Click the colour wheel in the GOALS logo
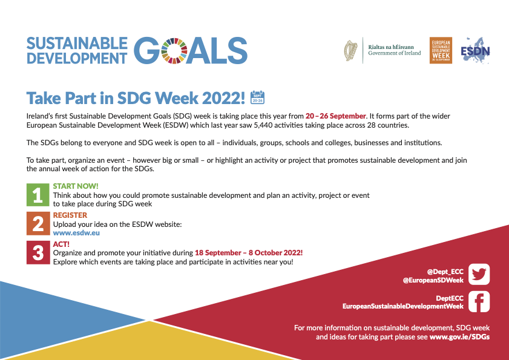click(174, 51)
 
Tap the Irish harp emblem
click(350, 51)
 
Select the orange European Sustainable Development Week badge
click(441, 50)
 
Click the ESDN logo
click(475, 50)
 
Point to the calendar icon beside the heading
click(257, 97)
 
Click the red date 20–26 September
click(336, 116)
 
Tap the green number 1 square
click(38, 195)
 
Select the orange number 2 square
click(38, 223)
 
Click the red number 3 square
click(38, 252)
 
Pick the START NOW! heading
click(76, 186)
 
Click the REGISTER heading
click(70, 215)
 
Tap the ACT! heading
click(61, 244)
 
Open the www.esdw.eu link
click(76, 233)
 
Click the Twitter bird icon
click(479, 274)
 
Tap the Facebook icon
click(479, 301)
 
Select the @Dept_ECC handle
click(445, 272)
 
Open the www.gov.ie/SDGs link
click(459, 337)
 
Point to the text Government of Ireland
click(395, 53)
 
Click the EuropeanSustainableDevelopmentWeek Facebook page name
click(403, 306)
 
